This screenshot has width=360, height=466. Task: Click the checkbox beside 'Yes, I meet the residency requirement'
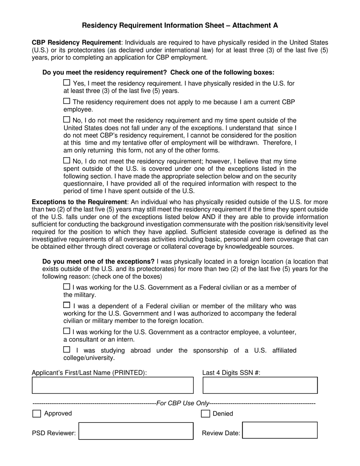(67, 83)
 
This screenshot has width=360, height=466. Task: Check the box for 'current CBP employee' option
(67, 101)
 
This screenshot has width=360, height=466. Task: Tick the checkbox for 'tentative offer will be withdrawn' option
(67, 120)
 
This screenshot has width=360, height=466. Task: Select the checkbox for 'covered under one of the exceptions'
(67, 161)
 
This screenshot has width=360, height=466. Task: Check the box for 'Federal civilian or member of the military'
(67, 287)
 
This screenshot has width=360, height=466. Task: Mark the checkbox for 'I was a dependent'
(67, 305)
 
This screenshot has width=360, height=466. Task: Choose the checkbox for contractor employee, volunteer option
(67, 331)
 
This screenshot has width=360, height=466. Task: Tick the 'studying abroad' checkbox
(67, 350)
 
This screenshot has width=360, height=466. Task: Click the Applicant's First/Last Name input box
(113, 385)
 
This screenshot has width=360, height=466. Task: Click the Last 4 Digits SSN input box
(260, 385)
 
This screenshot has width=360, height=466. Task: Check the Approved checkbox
(37, 414)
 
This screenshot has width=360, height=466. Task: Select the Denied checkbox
(205, 414)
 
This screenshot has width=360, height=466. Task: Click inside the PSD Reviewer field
(136, 431)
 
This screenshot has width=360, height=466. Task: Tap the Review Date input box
(280, 431)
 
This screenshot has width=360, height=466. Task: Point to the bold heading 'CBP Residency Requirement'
(76, 42)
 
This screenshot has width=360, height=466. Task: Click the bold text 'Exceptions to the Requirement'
(79, 202)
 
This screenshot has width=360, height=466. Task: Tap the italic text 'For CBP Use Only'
(182, 403)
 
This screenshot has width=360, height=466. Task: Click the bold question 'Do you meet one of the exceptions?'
(98, 261)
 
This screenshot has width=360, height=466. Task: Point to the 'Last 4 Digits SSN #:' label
(231, 372)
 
